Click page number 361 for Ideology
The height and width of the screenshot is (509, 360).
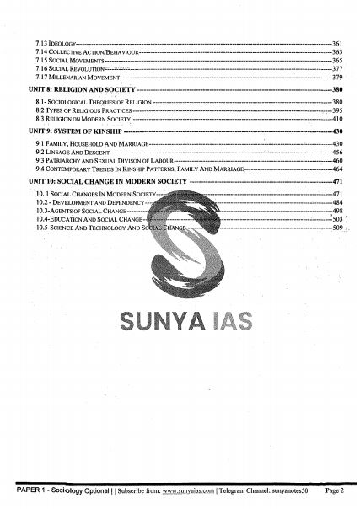(x=337, y=42)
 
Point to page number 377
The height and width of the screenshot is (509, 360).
(x=337, y=69)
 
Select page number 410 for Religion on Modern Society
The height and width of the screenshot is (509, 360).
(x=337, y=120)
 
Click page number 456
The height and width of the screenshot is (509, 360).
(x=337, y=153)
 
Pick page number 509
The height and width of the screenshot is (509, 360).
(x=337, y=228)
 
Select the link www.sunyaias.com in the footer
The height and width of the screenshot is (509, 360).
(x=187, y=490)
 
